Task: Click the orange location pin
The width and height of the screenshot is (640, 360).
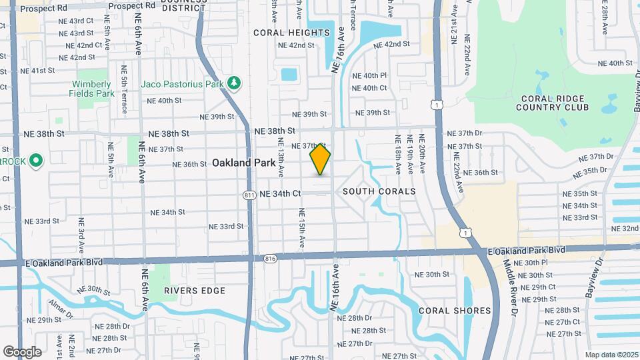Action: (x=320, y=159)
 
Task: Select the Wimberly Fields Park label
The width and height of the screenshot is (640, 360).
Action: (x=92, y=89)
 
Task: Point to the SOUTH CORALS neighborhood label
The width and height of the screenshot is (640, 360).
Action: (x=379, y=191)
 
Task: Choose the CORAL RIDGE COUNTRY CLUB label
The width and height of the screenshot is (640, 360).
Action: (x=554, y=103)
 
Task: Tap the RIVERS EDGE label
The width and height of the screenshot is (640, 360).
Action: (x=195, y=291)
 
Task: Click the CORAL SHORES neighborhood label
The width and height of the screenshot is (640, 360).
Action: (x=455, y=311)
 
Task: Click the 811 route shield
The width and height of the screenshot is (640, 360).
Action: (x=249, y=195)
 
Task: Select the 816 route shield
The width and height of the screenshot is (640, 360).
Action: (x=269, y=258)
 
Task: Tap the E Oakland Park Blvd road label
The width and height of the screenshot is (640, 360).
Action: (x=526, y=251)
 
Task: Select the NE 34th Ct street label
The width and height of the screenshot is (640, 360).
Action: (x=281, y=194)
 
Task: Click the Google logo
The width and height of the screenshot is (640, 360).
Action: (x=22, y=352)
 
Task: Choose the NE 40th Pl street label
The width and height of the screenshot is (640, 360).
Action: (x=369, y=76)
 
